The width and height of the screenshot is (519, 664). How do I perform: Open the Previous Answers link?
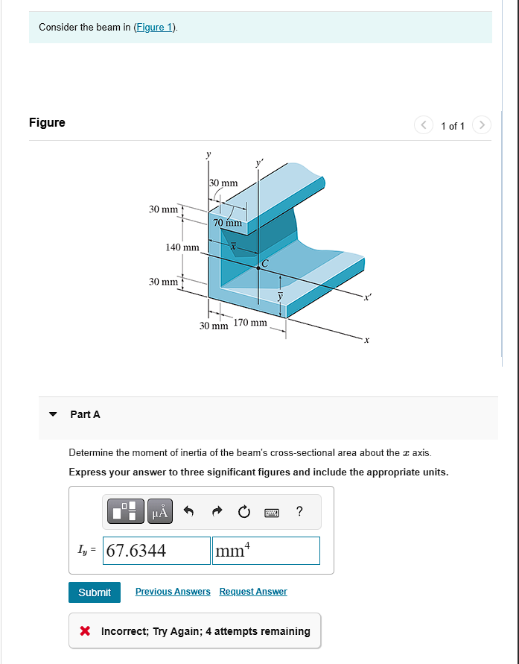click(x=173, y=592)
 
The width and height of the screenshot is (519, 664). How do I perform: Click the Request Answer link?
click(x=252, y=592)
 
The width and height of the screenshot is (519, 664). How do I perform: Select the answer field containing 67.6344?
click(x=156, y=551)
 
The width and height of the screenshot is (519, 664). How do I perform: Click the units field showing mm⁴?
click(x=266, y=551)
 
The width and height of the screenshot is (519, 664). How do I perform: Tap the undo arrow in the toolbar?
click(x=188, y=511)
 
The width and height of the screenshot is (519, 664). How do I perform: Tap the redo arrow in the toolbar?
click(x=216, y=511)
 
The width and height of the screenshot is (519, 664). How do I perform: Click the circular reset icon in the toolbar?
click(x=243, y=511)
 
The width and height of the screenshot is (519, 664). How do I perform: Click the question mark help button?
click(x=299, y=511)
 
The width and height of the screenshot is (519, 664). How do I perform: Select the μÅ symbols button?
click(x=161, y=511)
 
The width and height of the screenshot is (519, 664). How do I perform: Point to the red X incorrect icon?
click(x=85, y=631)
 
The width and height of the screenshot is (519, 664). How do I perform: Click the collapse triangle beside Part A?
click(x=53, y=414)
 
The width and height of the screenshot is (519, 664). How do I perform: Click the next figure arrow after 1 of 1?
click(x=483, y=125)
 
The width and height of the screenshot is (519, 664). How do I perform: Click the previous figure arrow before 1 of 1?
click(x=424, y=125)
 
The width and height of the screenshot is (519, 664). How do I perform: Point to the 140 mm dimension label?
click(x=182, y=247)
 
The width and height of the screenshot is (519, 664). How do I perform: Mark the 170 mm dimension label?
click(x=250, y=323)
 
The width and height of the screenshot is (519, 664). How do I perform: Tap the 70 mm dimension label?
click(x=227, y=222)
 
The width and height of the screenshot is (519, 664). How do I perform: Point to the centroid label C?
click(x=264, y=263)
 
